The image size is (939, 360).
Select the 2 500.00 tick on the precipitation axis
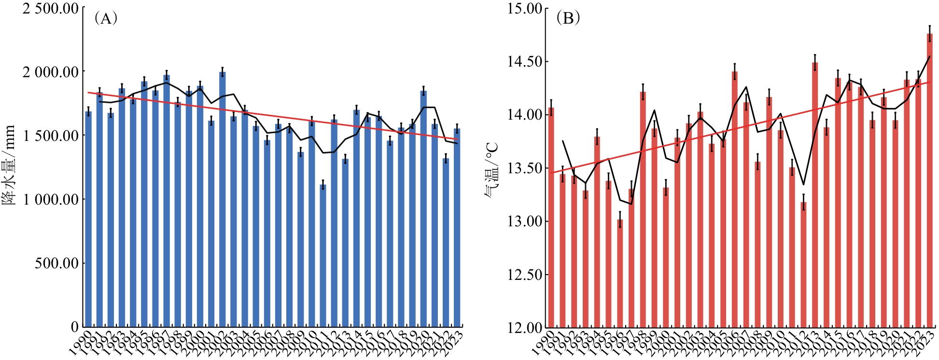(50, 8)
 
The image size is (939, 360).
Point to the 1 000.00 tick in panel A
(50, 199)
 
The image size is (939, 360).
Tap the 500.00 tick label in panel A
(56, 263)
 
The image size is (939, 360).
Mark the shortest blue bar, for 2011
(323, 256)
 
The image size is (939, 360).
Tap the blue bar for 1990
(88, 220)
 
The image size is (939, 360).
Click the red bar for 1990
(551, 217)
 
